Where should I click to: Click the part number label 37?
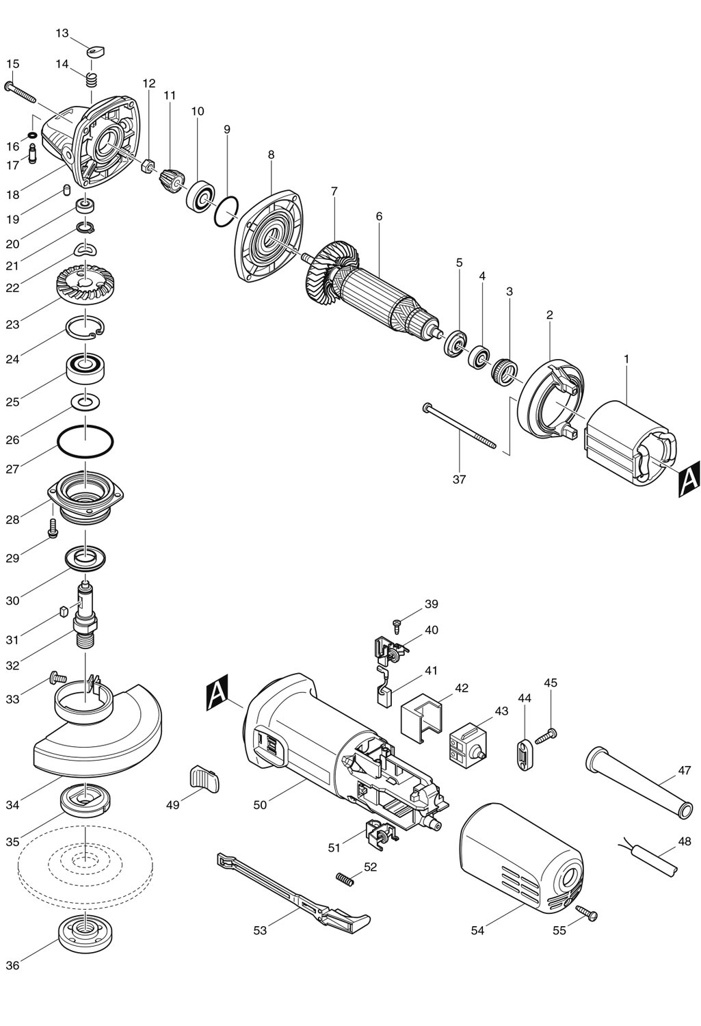coord(459,479)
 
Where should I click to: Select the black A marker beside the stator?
coord(688,477)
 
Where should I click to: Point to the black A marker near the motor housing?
coord(217,692)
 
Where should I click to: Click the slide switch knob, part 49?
coord(202,778)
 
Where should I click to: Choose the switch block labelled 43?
coord(465,748)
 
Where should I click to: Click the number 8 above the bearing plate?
coord(271,155)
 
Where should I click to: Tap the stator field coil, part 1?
coord(627,443)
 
